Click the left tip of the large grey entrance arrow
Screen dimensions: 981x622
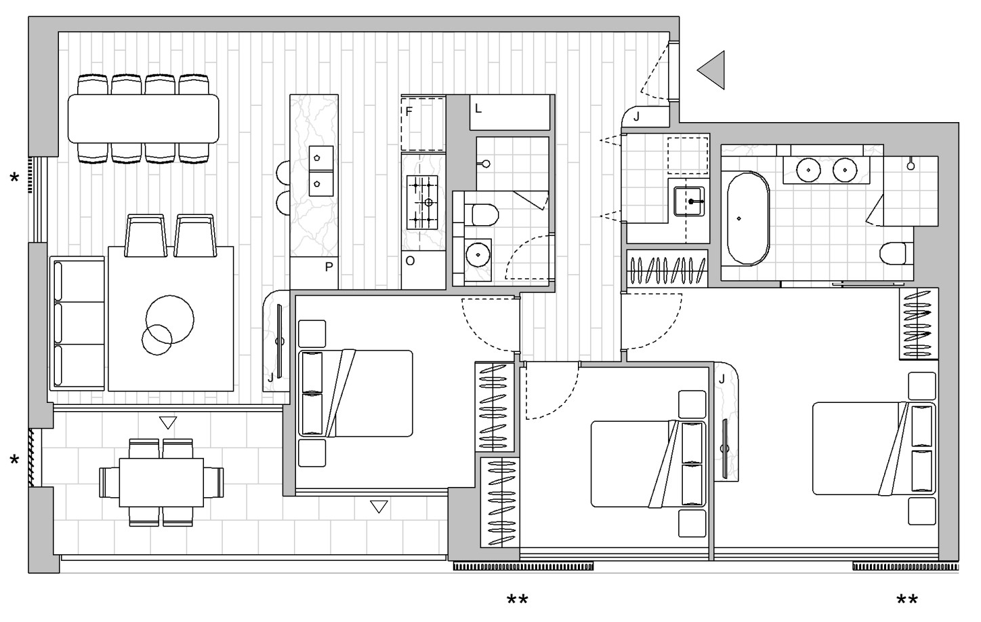tap(697, 70)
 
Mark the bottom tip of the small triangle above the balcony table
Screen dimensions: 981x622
tap(168, 429)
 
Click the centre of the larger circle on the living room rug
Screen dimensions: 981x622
tap(170, 319)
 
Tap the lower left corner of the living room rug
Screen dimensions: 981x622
tap(108, 391)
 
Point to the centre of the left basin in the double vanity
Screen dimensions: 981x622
tap(808, 170)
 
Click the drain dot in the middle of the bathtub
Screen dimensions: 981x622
tap(739, 218)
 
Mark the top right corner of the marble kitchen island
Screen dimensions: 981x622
tap(338, 95)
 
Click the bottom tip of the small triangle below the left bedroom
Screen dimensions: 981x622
tap(379, 513)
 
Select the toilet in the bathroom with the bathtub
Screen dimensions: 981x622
tap(896, 254)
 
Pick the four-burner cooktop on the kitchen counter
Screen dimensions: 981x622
tap(422, 203)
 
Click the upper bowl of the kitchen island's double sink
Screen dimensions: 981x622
tap(321, 158)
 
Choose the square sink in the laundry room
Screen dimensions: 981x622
tap(689, 201)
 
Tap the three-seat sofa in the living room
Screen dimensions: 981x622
tap(77, 324)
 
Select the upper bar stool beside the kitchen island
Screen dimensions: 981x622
tap(283, 173)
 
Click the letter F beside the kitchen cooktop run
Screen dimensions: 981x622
tap(409, 112)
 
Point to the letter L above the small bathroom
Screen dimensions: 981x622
tap(478, 109)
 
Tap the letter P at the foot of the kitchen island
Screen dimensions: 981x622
tap(329, 267)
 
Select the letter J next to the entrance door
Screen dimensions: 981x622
tap(637, 117)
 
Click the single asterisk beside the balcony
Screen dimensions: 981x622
tap(14, 460)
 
